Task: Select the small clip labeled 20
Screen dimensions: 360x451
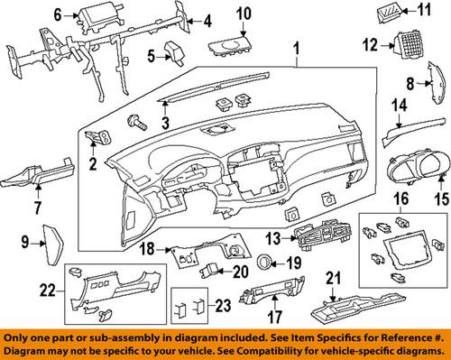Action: pyautogui.click(x=210, y=271)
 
